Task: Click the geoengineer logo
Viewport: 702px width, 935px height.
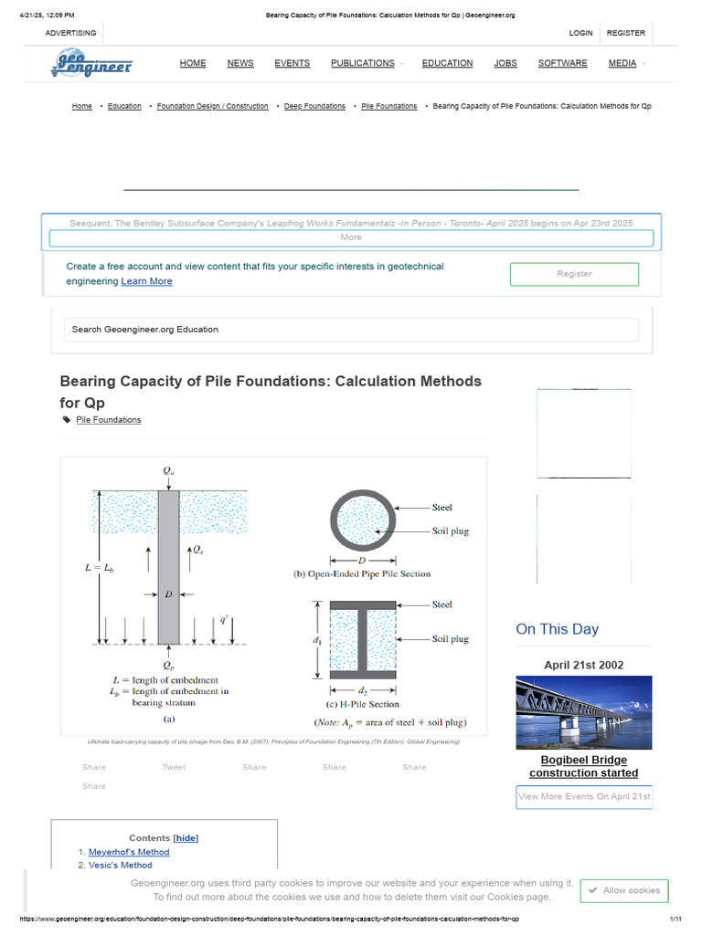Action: [91, 64]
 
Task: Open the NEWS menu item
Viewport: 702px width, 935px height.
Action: [240, 63]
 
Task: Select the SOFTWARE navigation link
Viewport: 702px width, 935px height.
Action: [562, 63]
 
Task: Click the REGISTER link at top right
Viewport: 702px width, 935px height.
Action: [626, 33]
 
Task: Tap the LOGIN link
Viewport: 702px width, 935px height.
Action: [580, 33]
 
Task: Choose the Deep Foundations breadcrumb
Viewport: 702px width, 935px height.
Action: [314, 107]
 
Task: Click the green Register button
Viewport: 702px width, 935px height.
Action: [574, 274]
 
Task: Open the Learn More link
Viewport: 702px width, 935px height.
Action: [146, 281]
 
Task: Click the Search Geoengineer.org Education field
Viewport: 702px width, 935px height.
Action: [351, 330]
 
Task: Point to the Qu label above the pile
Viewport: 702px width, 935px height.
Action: [169, 471]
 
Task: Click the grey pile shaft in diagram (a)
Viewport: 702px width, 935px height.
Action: [168, 566]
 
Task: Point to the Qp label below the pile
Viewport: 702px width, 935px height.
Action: [168, 665]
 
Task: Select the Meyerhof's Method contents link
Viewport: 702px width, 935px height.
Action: [129, 852]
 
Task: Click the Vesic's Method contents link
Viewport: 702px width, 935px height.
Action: [121, 865]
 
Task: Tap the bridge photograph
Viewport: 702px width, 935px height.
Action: [584, 712]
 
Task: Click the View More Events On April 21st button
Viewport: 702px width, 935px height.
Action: [584, 796]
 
